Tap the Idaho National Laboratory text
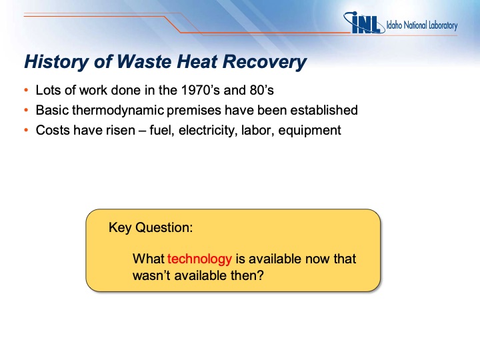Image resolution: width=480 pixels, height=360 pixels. (422, 25)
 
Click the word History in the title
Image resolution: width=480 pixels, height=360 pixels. (56, 62)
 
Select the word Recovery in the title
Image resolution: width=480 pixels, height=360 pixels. (265, 62)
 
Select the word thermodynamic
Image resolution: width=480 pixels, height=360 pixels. (118, 110)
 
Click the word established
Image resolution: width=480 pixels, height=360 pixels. (324, 110)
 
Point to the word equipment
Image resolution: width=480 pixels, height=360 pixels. (309, 131)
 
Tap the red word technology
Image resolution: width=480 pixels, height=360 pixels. (199, 259)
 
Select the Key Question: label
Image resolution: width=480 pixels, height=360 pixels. (151, 227)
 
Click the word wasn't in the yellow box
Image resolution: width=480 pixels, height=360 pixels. (151, 275)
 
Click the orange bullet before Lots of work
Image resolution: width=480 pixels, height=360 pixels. (26, 90)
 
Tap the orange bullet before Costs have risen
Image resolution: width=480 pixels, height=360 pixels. (26, 131)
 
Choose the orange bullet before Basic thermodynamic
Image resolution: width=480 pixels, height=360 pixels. (26, 110)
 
